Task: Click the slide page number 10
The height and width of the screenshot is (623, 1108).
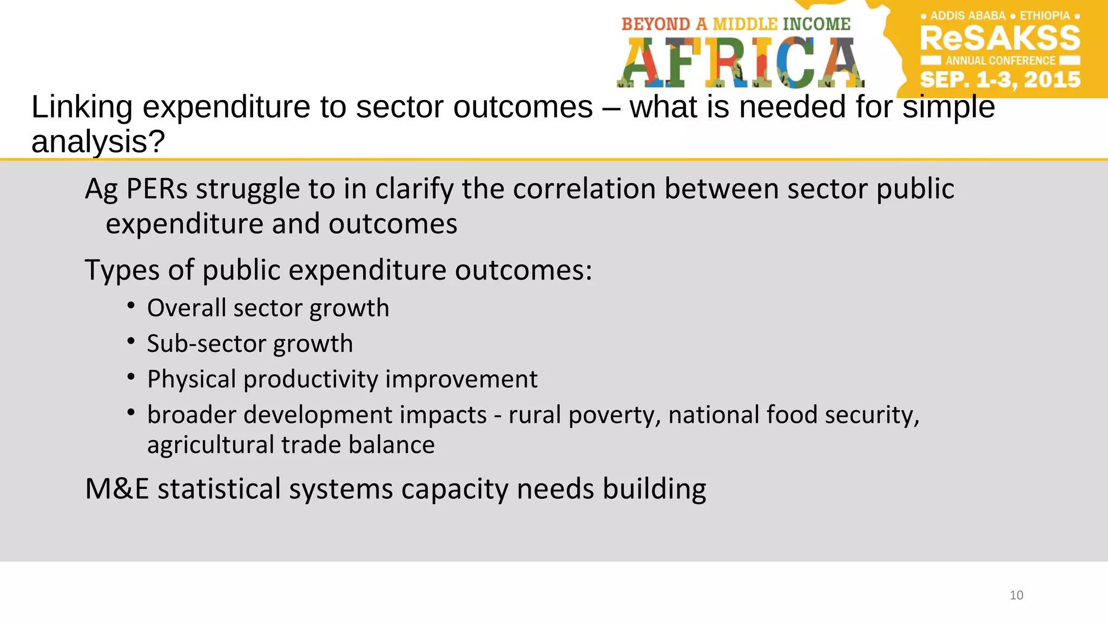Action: coord(1016,595)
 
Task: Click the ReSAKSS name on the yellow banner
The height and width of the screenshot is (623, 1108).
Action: coord(1000,38)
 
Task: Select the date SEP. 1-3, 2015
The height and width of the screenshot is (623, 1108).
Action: coord(1000,80)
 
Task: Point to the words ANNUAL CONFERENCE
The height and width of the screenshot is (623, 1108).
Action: coord(1000,61)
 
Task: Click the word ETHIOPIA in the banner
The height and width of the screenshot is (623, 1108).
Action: coord(1045,16)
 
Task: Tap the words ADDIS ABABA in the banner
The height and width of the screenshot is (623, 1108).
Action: coord(968,16)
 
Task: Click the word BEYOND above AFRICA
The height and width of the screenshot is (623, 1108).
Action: coord(656,24)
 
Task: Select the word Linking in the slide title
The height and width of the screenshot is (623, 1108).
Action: coord(82,107)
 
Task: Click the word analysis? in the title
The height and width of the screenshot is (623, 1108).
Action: coord(98,142)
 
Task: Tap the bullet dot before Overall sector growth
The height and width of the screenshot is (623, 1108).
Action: coord(131,306)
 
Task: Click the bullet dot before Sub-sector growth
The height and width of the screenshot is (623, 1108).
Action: coord(131,342)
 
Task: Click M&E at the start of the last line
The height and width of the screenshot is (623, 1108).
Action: coord(117,489)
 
